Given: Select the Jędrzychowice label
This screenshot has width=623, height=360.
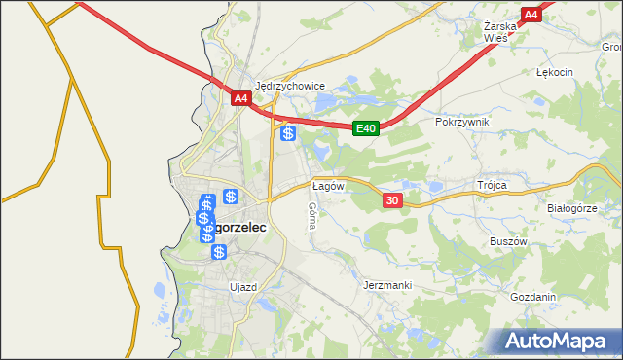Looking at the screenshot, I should pyautogui.click(x=289, y=85).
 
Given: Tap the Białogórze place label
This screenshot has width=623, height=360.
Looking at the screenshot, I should pyautogui.click(x=571, y=208).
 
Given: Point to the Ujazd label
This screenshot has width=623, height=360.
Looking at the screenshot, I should pyautogui.click(x=242, y=287).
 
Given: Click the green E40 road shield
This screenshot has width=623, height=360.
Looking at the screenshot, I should pyautogui.click(x=365, y=128).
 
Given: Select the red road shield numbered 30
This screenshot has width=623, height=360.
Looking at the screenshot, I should pyautogui.click(x=391, y=199).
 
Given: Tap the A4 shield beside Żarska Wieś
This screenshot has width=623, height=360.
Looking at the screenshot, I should pyautogui.click(x=531, y=16).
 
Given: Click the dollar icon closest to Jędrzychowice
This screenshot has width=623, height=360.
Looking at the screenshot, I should pyautogui.click(x=288, y=134).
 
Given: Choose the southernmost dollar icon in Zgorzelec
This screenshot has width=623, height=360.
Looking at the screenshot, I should pyautogui.click(x=219, y=252).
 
